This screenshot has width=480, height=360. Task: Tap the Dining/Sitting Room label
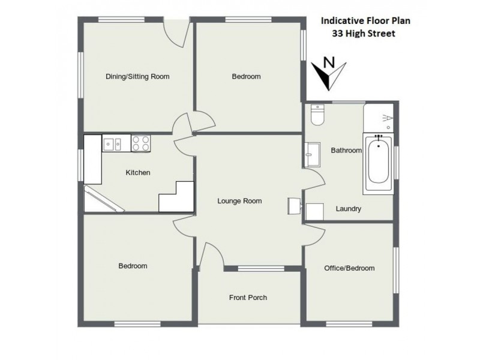coord(137,76)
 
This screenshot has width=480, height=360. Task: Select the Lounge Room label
coord(239,201)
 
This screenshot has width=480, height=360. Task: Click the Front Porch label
coord(248,297)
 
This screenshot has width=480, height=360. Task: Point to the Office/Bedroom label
coord(349,268)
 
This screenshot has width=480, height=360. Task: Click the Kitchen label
coord(137,173)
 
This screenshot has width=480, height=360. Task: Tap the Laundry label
coord(348,209)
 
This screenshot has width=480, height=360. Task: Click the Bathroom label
coord(346,151)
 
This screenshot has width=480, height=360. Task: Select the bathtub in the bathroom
coord(378,164)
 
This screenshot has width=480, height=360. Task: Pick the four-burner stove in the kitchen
coord(141,144)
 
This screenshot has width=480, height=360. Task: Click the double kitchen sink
coord(112,144)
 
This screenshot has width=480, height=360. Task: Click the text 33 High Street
coord(364,34)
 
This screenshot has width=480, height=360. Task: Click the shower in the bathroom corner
coord(380,119)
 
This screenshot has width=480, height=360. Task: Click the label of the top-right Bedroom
coord(246,76)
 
